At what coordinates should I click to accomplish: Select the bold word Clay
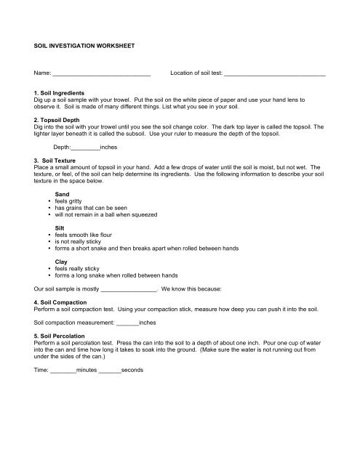(63, 260)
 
